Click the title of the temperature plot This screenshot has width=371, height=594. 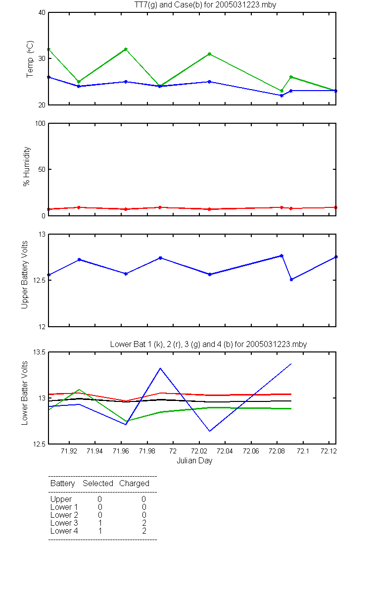pyautogui.click(x=205, y=5)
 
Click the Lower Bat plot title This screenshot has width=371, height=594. pyautogui.click(x=209, y=344)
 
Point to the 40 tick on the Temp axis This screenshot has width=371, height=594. pyautogui.click(x=42, y=13)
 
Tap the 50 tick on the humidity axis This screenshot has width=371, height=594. pyautogui.click(x=42, y=169)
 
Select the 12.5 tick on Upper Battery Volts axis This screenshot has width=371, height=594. pyautogui.click(x=39, y=280)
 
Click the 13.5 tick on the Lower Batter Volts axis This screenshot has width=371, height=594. pyautogui.click(x=39, y=352)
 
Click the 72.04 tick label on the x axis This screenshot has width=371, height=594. pyautogui.click(x=225, y=451)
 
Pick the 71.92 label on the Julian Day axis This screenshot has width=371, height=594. pyautogui.click(x=69, y=451)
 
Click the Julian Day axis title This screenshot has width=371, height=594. pyautogui.click(x=194, y=461)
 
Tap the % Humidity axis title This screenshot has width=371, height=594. pyautogui.click(x=27, y=166)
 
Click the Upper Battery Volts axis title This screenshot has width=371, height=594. pyautogui.click(x=24, y=275)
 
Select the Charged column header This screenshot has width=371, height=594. pyautogui.click(x=134, y=484)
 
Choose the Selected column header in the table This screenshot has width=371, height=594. pyautogui.click(x=98, y=483)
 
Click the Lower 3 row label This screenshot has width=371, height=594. pyautogui.click(x=64, y=523)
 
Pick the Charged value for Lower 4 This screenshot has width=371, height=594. pyautogui.click(x=144, y=531)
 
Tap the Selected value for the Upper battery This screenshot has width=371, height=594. pyautogui.click(x=99, y=499)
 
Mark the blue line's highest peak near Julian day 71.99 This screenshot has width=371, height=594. pyautogui.click(x=160, y=368)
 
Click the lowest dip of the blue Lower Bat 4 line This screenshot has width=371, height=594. pyautogui.click(x=210, y=431)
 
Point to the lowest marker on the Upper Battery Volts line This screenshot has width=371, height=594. pyautogui.click(x=291, y=280)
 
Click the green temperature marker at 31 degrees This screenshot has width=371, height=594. pyautogui.click(x=209, y=54)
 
